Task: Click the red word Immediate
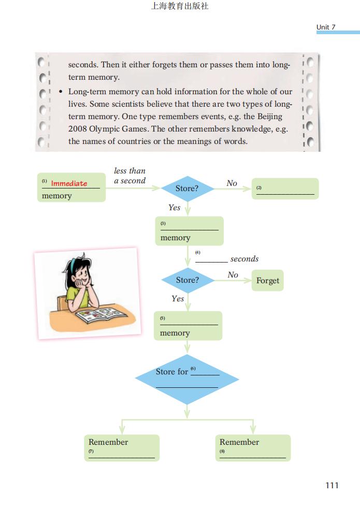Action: (x=69, y=183)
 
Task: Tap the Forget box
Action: (x=267, y=281)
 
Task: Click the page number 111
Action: (x=332, y=485)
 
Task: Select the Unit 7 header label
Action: (x=326, y=27)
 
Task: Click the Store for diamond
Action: (x=187, y=379)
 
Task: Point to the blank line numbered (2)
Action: (x=285, y=194)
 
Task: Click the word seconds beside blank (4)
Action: (x=244, y=259)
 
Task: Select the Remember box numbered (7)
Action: (x=122, y=448)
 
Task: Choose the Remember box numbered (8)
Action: (x=253, y=448)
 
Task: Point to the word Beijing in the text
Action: (x=270, y=117)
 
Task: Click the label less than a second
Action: (x=130, y=176)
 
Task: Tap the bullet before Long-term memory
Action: (x=61, y=92)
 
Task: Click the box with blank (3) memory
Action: (x=189, y=231)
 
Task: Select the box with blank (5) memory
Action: (x=188, y=326)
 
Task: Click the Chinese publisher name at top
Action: (x=180, y=6)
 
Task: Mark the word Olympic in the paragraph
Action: (x=105, y=129)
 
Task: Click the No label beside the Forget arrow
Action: (x=233, y=275)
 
